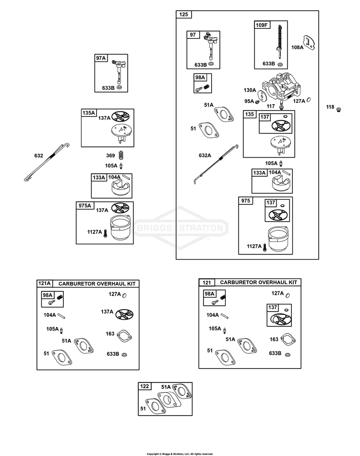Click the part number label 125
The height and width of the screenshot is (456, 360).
tap(183, 14)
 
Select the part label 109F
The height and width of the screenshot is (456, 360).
tap(262, 25)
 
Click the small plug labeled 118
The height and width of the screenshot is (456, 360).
tap(338, 109)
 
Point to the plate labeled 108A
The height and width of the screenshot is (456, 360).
tap(309, 43)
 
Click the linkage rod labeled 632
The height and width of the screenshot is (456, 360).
tap(47, 162)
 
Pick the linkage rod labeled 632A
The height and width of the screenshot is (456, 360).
tap(216, 164)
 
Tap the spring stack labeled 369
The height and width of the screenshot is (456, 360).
tap(121, 156)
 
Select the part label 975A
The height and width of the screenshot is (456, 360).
tap(84, 205)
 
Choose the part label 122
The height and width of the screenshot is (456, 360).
tap(144, 386)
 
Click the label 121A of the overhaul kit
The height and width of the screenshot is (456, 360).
tap(45, 283)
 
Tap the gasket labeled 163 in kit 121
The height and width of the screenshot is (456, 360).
tap(288, 339)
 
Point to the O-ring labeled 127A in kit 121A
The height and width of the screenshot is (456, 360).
tap(124, 295)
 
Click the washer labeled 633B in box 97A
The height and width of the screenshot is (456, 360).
tap(119, 87)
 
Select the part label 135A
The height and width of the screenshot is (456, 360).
tap(89, 113)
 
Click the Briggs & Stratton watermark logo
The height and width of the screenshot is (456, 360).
tap(181, 228)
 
